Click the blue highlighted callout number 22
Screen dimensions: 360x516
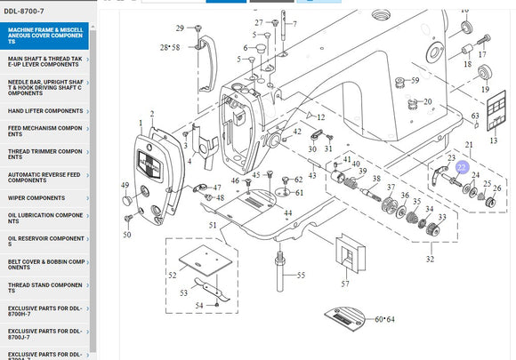462,167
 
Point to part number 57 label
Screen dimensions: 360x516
345,284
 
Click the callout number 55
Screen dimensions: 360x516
301,276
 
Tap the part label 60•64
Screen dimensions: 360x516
384,319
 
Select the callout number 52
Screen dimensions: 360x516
173,276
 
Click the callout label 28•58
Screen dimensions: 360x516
169,47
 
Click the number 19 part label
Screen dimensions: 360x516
486,91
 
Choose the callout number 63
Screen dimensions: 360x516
475,116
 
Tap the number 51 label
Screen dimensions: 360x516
213,225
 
